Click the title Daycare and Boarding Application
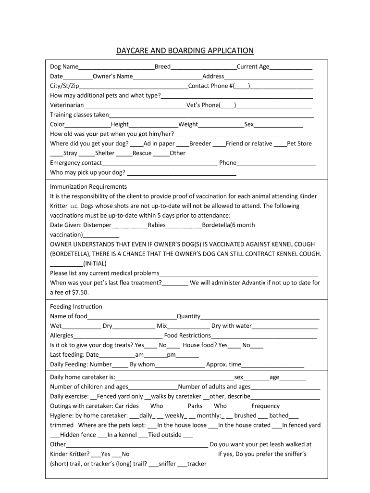[x=185, y=51]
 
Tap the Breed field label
[x=162, y=67]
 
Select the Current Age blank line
[x=291, y=67]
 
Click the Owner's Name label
[x=112, y=77]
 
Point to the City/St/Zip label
[x=64, y=86]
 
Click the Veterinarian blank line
[x=135, y=105]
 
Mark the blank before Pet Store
[x=280, y=144]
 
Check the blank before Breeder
[x=183, y=144]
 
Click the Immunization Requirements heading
[x=88, y=187]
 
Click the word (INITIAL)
[x=95, y=264]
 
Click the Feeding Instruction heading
[x=76, y=307]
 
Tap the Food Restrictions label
[x=187, y=336]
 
